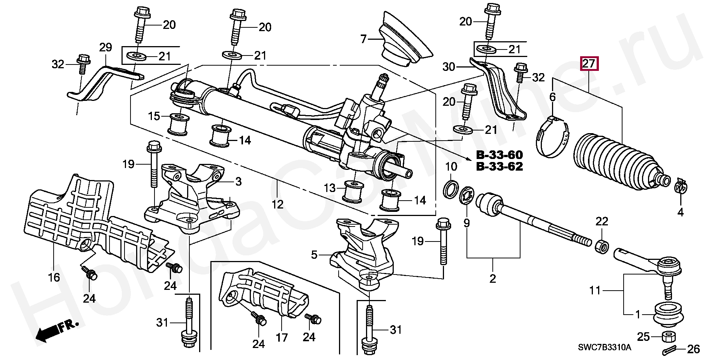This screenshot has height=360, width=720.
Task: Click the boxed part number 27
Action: (x=589, y=63)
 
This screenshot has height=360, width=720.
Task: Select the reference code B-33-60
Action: (x=499, y=155)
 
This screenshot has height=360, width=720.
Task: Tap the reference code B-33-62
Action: (x=499, y=166)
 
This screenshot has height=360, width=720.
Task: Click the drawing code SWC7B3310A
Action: (x=604, y=347)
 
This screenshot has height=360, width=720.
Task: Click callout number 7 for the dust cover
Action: (x=363, y=39)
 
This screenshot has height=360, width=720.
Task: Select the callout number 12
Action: (x=277, y=204)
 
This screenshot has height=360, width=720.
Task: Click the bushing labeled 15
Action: (x=178, y=124)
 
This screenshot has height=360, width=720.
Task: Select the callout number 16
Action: (x=54, y=277)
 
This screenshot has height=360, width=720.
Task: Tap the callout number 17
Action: (x=282, y=337)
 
